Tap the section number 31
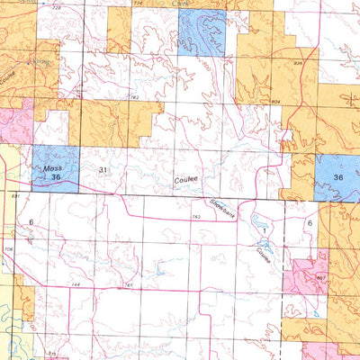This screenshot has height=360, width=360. click(x=103, y=169)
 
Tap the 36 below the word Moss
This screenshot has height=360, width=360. click(x=56, y=180)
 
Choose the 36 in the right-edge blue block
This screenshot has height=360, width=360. click(x=338, y=177)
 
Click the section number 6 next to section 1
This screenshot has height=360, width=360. click(x=309, y=222)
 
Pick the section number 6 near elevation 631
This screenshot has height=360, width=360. click(x=30, y=221)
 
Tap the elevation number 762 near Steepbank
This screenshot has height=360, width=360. click(x=195, y=216)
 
